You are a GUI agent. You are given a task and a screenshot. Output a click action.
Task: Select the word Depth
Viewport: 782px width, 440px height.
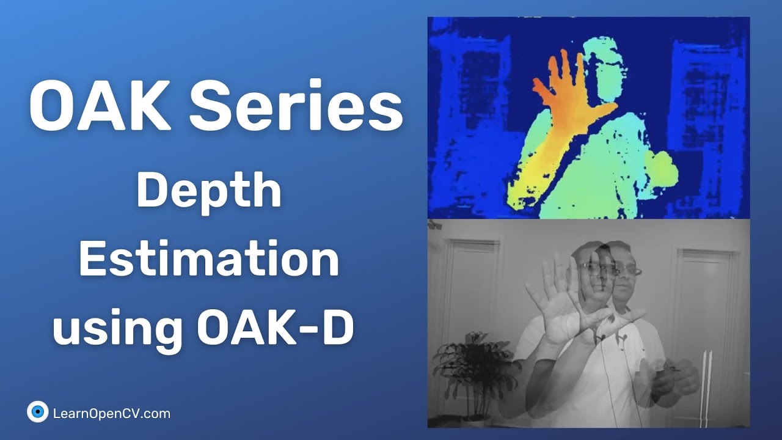pyautogui.click(x=208, y=191)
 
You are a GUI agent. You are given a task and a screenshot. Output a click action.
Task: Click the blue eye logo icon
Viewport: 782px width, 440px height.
pyautogui.click(x=38, y=412)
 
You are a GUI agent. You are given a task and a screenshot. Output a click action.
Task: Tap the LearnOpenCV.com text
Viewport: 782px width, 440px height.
pyautogui.click(x=112, y=414)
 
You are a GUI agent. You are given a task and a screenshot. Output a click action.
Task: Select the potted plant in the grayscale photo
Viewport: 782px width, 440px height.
pyautogui.click(x=467, y=367)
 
